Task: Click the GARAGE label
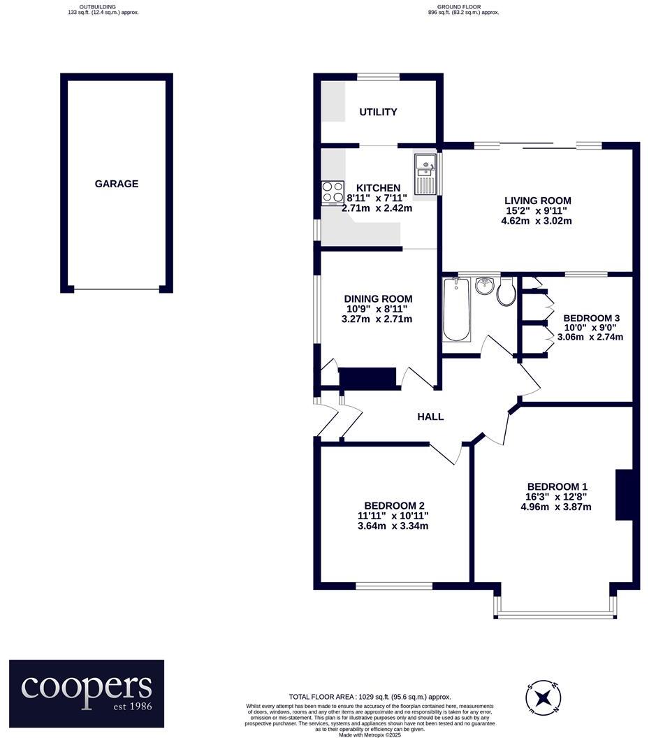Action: (117, 184)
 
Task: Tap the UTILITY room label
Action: (378, 112)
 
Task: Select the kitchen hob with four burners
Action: (333, 191)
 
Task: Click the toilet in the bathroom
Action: (507, 292)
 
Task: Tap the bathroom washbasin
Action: (483, 286)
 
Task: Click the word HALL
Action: (430, 417)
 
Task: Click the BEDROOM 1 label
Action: (557, 486)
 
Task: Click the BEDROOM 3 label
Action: (592, 317)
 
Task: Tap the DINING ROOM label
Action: (377, 298)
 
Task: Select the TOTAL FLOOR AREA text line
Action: (370, 697)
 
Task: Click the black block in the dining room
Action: (367, 377)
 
